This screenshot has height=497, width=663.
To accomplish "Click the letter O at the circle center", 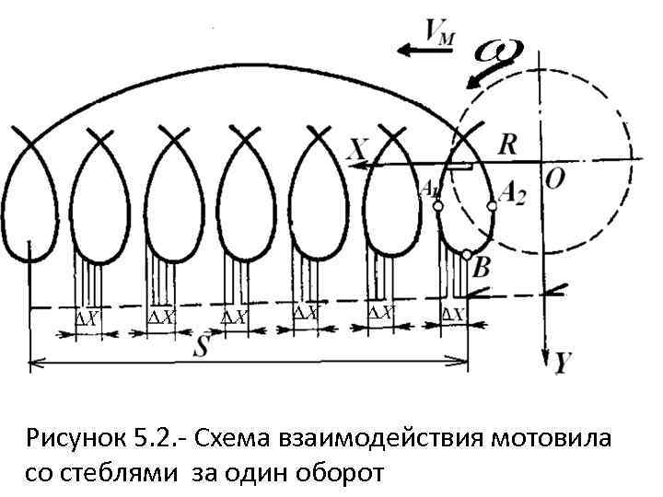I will click(x=555, y=178).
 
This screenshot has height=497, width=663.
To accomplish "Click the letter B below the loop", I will click(x=481, y=268).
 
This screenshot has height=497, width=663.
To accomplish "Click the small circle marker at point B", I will click(x=468, y=255).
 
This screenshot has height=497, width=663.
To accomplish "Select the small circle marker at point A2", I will click(x=492, y=207).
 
